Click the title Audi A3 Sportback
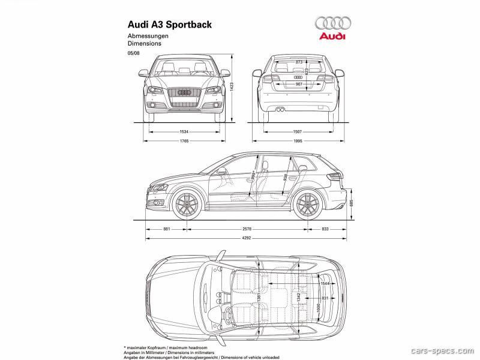point(169,25)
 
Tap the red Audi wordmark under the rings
point(332,37)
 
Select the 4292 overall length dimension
point(247,238)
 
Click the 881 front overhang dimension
point(167,229)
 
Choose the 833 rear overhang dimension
point(325,229)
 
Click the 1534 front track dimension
point(184,131)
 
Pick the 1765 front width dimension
point(184,141)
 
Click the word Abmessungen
point(147,36)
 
